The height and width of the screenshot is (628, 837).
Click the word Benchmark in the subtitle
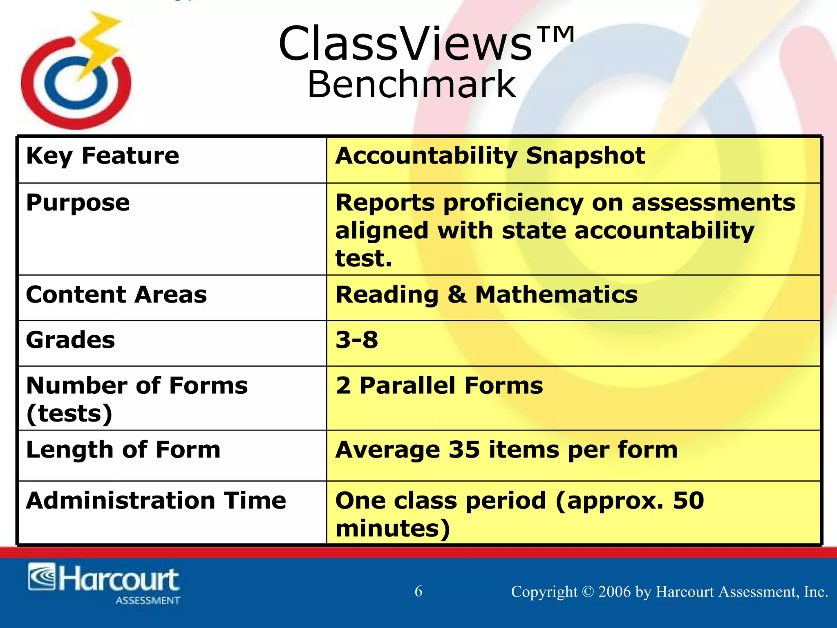click(x=412, y=85)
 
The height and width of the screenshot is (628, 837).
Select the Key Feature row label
click(x=102, y=156)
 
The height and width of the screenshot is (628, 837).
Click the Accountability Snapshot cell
click(x=490, y=156)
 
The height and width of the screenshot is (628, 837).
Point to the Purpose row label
click(x=78, y=203)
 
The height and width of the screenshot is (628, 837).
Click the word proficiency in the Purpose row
click(x=513, y=203)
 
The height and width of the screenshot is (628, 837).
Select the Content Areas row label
click(x=116, y=295)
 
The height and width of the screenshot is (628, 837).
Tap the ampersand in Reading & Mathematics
click(x=457, y=295)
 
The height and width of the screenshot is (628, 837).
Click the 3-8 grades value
click(x=356, y=340)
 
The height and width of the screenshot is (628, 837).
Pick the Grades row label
click(x=70, y=340)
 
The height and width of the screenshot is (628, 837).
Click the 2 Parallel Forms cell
click(x=439, y=386)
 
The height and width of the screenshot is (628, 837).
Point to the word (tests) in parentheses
click(x=69, y=414)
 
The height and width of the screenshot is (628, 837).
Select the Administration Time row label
click(x=156, y=501)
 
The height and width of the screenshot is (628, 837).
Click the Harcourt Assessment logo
click(x=104, y=583)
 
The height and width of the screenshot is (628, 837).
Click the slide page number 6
click(x=418, y=591)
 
